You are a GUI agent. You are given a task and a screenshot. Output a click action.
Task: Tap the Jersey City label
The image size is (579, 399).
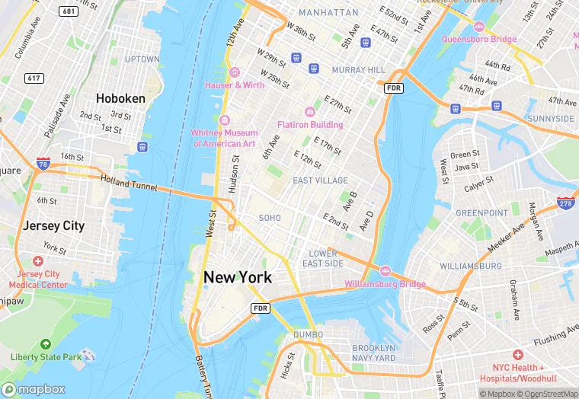(x=53, y=226)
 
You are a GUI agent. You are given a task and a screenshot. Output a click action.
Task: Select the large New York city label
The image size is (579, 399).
(x=237, y=278)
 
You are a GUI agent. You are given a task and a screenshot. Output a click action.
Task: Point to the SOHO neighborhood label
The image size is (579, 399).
(x=270, y=218)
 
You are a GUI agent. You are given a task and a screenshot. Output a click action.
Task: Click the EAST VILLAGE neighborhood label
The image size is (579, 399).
(x=320, y=180)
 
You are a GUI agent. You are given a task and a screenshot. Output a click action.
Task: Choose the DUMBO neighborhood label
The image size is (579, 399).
(x=308, y=334)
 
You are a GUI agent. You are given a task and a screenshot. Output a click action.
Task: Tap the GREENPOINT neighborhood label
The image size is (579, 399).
(x=481, y=213)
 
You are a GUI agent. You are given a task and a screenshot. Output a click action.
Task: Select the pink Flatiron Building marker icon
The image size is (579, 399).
(x=310, y=112)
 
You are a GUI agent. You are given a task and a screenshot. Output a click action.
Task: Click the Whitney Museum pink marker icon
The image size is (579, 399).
(x=224, y=120)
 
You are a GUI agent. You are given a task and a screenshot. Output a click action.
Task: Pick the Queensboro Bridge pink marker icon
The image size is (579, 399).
(x=479, y=27)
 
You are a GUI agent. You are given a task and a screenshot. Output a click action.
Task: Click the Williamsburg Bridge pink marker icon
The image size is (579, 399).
(x=385, y=272)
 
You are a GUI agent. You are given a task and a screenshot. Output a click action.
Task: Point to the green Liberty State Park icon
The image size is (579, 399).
(x=46, y=345)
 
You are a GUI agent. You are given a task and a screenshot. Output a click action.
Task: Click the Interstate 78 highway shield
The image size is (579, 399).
(x=43, y=164)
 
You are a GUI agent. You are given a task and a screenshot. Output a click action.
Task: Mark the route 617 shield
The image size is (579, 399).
(x=34, y=78)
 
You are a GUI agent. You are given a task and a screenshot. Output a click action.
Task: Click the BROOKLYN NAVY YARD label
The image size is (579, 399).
(x=373, y=353)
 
